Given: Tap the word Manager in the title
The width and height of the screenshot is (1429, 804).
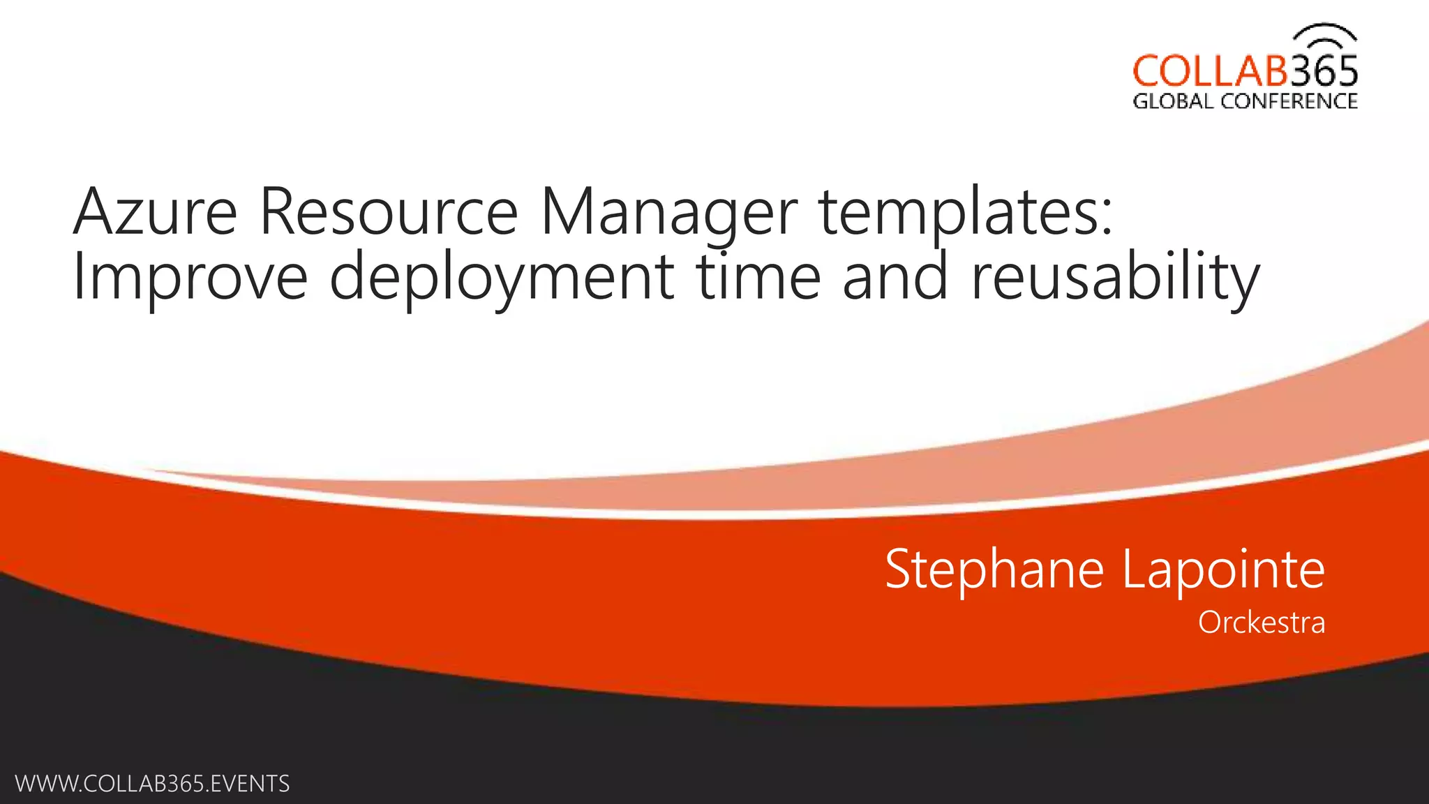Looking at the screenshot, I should tap(668, 213).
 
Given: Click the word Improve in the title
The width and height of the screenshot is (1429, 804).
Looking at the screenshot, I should tap(190, 278).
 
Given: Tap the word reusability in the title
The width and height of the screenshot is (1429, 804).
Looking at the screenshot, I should tap(1115, 278).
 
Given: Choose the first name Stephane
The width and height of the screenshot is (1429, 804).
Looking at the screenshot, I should tap(994, 569).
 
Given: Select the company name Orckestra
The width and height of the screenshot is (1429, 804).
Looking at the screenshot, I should tap(1261, 623).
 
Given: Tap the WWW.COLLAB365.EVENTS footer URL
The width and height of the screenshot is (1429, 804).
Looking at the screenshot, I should tap(152, 784).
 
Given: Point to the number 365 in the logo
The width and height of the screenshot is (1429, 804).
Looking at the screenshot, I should tap(1323, 71).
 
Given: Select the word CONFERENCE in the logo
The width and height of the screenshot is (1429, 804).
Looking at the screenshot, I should tap(1289, 102).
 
